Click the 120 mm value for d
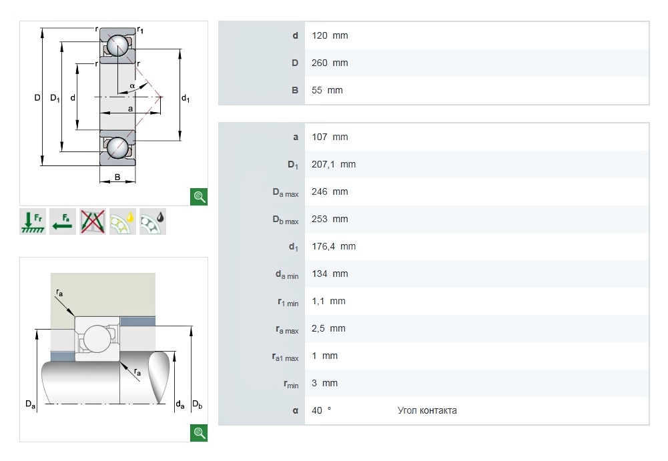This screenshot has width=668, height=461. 330,35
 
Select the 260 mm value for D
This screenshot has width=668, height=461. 330,63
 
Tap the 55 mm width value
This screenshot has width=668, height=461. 327,90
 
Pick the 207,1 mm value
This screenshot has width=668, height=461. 334,164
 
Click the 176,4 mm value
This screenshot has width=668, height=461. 334,246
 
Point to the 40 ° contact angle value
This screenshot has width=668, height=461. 321,410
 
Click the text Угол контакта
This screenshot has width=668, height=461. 427,410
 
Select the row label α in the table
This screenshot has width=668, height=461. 295,410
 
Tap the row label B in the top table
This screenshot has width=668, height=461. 295,90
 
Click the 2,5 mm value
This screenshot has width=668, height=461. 328,328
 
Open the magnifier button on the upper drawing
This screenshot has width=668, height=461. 199,196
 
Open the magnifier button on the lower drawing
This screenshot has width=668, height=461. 199,432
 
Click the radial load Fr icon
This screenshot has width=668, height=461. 32,222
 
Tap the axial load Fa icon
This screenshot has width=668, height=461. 62,222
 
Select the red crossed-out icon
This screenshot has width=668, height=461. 92,222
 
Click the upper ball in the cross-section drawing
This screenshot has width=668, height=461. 118,46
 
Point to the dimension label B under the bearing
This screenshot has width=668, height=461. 117,177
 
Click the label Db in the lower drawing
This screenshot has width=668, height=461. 197,404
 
